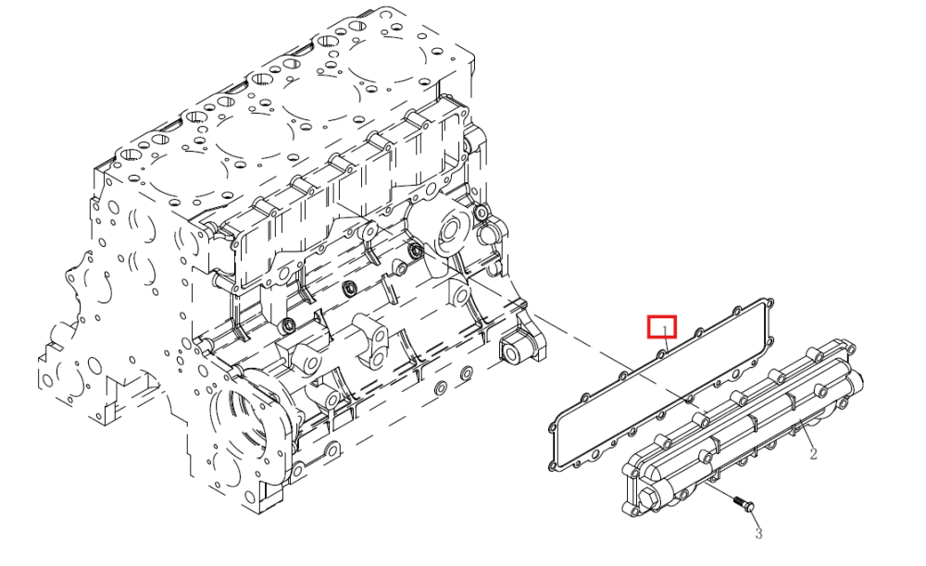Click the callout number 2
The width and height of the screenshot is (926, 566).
point(813,454)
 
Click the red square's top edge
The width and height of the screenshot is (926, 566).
point(662,317)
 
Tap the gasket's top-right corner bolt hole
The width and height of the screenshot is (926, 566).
point(769,303)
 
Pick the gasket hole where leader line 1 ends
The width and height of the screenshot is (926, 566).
point(661,354)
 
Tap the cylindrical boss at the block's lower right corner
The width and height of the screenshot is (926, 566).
point(512,352)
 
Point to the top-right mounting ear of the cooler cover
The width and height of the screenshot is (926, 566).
point(847,347)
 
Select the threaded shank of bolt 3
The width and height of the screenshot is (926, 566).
point(738,500)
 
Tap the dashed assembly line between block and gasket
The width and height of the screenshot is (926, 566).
point(620,360)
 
